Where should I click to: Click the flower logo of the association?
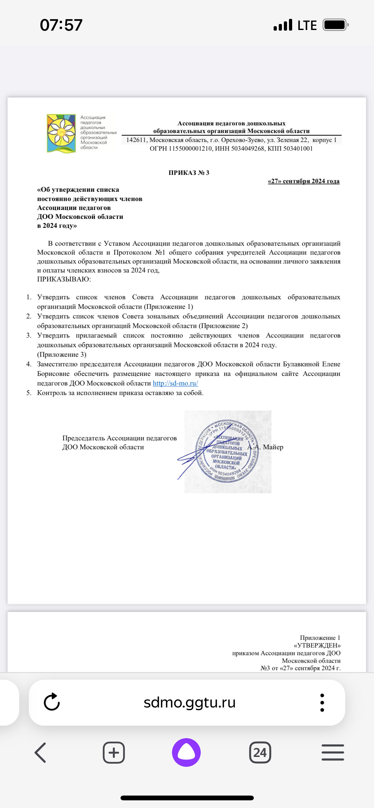coord(61,133)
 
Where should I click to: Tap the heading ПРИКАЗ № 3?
coord(189,173)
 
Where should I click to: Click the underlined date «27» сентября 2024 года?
coord(303,181)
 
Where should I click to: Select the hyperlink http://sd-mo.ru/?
coord(175,383)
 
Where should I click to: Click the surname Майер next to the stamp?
coord(273,447)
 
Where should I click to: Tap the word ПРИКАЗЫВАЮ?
coord(64,279)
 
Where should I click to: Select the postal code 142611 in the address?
coord(136,140)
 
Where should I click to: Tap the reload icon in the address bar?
coord(52,702)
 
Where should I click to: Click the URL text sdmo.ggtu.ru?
coord(190,702)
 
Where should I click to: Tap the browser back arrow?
coord(40,752)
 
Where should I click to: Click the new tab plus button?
coord(114,752)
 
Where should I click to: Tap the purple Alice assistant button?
coord(186,752)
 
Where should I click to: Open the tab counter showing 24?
coord(260,752)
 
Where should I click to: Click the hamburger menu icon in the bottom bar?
coord(333,752)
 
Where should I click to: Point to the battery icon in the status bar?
coord(335,25)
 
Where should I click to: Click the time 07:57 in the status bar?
coord(61,25)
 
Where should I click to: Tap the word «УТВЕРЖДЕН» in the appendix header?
coord(317,645)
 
